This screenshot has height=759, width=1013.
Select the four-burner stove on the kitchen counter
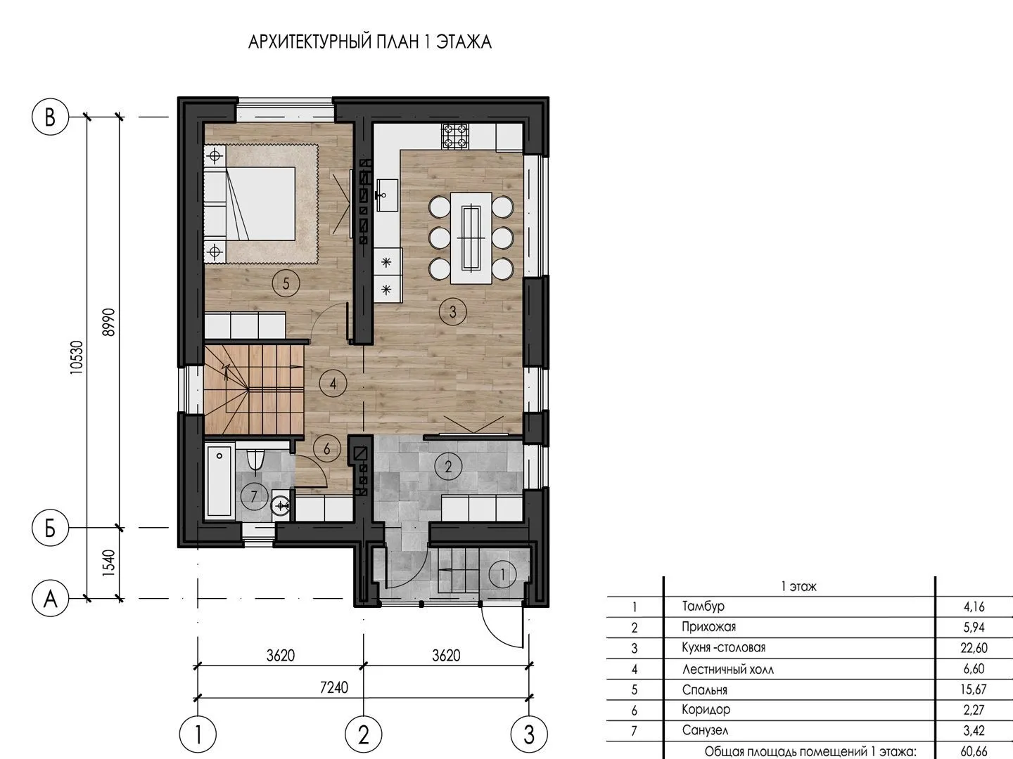point(454,136)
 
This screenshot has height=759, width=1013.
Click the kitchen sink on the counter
point(387,195)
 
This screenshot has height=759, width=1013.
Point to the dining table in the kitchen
point(471,238)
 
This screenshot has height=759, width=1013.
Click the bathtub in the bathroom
point(219,481)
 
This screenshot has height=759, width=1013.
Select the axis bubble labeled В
point(50,117)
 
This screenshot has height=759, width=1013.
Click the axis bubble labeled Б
point(50,528)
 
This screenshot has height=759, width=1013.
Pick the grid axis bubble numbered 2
point(363,734)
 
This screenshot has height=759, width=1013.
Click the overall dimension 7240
point(333,687)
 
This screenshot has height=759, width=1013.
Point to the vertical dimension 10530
point(77,357)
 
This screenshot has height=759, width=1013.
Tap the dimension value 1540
point(109,563)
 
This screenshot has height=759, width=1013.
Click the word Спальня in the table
point(704,690)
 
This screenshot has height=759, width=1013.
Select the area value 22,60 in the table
point(974,648)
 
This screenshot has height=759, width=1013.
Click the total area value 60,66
point(974,751)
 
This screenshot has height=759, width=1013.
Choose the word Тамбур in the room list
point(703,606)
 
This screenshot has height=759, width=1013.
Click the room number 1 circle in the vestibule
point(502,574)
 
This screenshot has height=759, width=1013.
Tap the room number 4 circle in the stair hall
point(333,384)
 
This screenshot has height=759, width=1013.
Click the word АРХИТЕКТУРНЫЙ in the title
point(310,42)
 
